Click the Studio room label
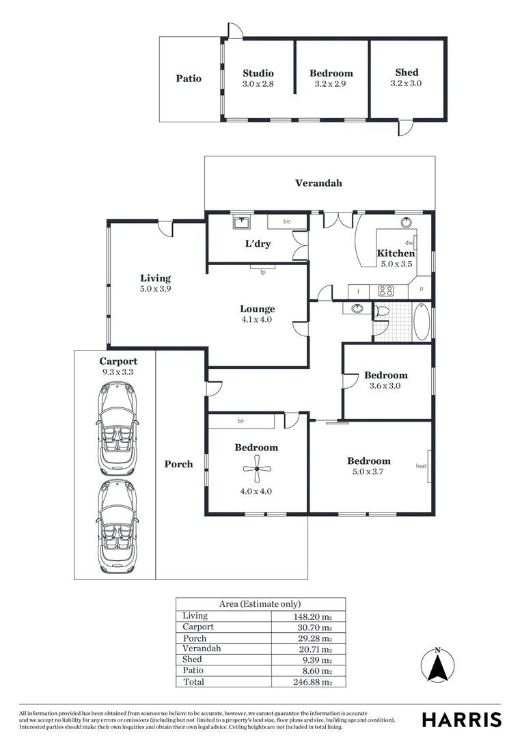point(258,73)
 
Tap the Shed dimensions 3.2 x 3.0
point(407,83)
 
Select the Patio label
point(189,79)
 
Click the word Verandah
point(318,183)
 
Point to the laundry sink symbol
point(242,222)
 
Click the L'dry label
point(258,244)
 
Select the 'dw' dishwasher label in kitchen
point(409,243)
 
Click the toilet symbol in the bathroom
point(383,312)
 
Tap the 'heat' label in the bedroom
point(421,467)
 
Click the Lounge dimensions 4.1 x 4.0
point(257,319)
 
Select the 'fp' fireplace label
point(262,272)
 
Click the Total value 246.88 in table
point(312,682)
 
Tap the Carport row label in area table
point(198,627)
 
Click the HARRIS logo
point(461,720)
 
